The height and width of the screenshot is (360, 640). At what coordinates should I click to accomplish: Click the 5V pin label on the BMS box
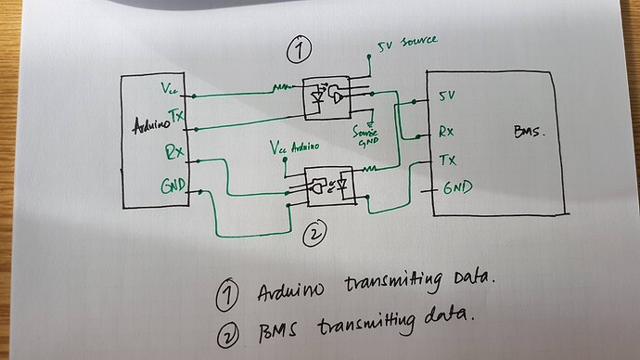tap(446, 96)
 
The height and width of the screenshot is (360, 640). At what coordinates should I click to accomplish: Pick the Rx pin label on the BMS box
tap(445, 131)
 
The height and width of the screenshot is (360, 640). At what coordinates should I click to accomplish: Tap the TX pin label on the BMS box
tap(446, 159)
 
